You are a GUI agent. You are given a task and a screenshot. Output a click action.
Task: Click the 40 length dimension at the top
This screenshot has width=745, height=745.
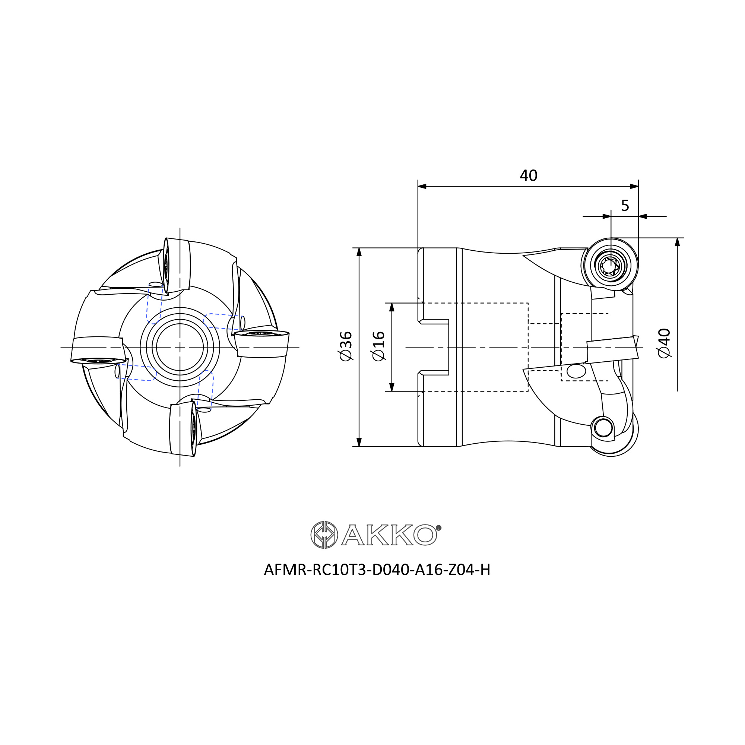pyautogui.click(x=528, y=176)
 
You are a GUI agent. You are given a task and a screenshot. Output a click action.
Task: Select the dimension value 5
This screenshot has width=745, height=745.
pyautogui.click(x=625, y=206)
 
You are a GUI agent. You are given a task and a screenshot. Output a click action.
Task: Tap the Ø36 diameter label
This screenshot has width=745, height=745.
pyautogui.click(x=346, y=346)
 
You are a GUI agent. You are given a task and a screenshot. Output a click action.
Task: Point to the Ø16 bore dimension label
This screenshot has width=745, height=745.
pyautogui.click(x=379, y=346)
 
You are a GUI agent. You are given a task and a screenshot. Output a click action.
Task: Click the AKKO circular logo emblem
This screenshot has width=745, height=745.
pyautogui.click(x=324, y=535)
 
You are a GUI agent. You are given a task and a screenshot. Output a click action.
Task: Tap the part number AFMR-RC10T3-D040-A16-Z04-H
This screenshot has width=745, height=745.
pyautogui.click(x=377, y=570)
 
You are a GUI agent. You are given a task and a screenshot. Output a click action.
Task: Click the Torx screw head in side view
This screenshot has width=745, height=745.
pyautogui.click(x=611, y=266)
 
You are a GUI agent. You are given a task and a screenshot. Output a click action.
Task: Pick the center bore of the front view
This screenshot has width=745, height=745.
pyautogui.click(x=180, y=347)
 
